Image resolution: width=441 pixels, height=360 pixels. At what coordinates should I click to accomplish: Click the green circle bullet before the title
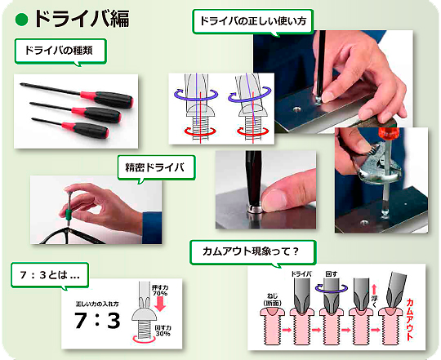click(x=22, y=19)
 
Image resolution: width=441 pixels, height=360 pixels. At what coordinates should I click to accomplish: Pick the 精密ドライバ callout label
click(x=155, y=168)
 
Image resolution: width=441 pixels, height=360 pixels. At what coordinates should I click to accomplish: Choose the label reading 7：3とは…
click(x=49, y=274)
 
